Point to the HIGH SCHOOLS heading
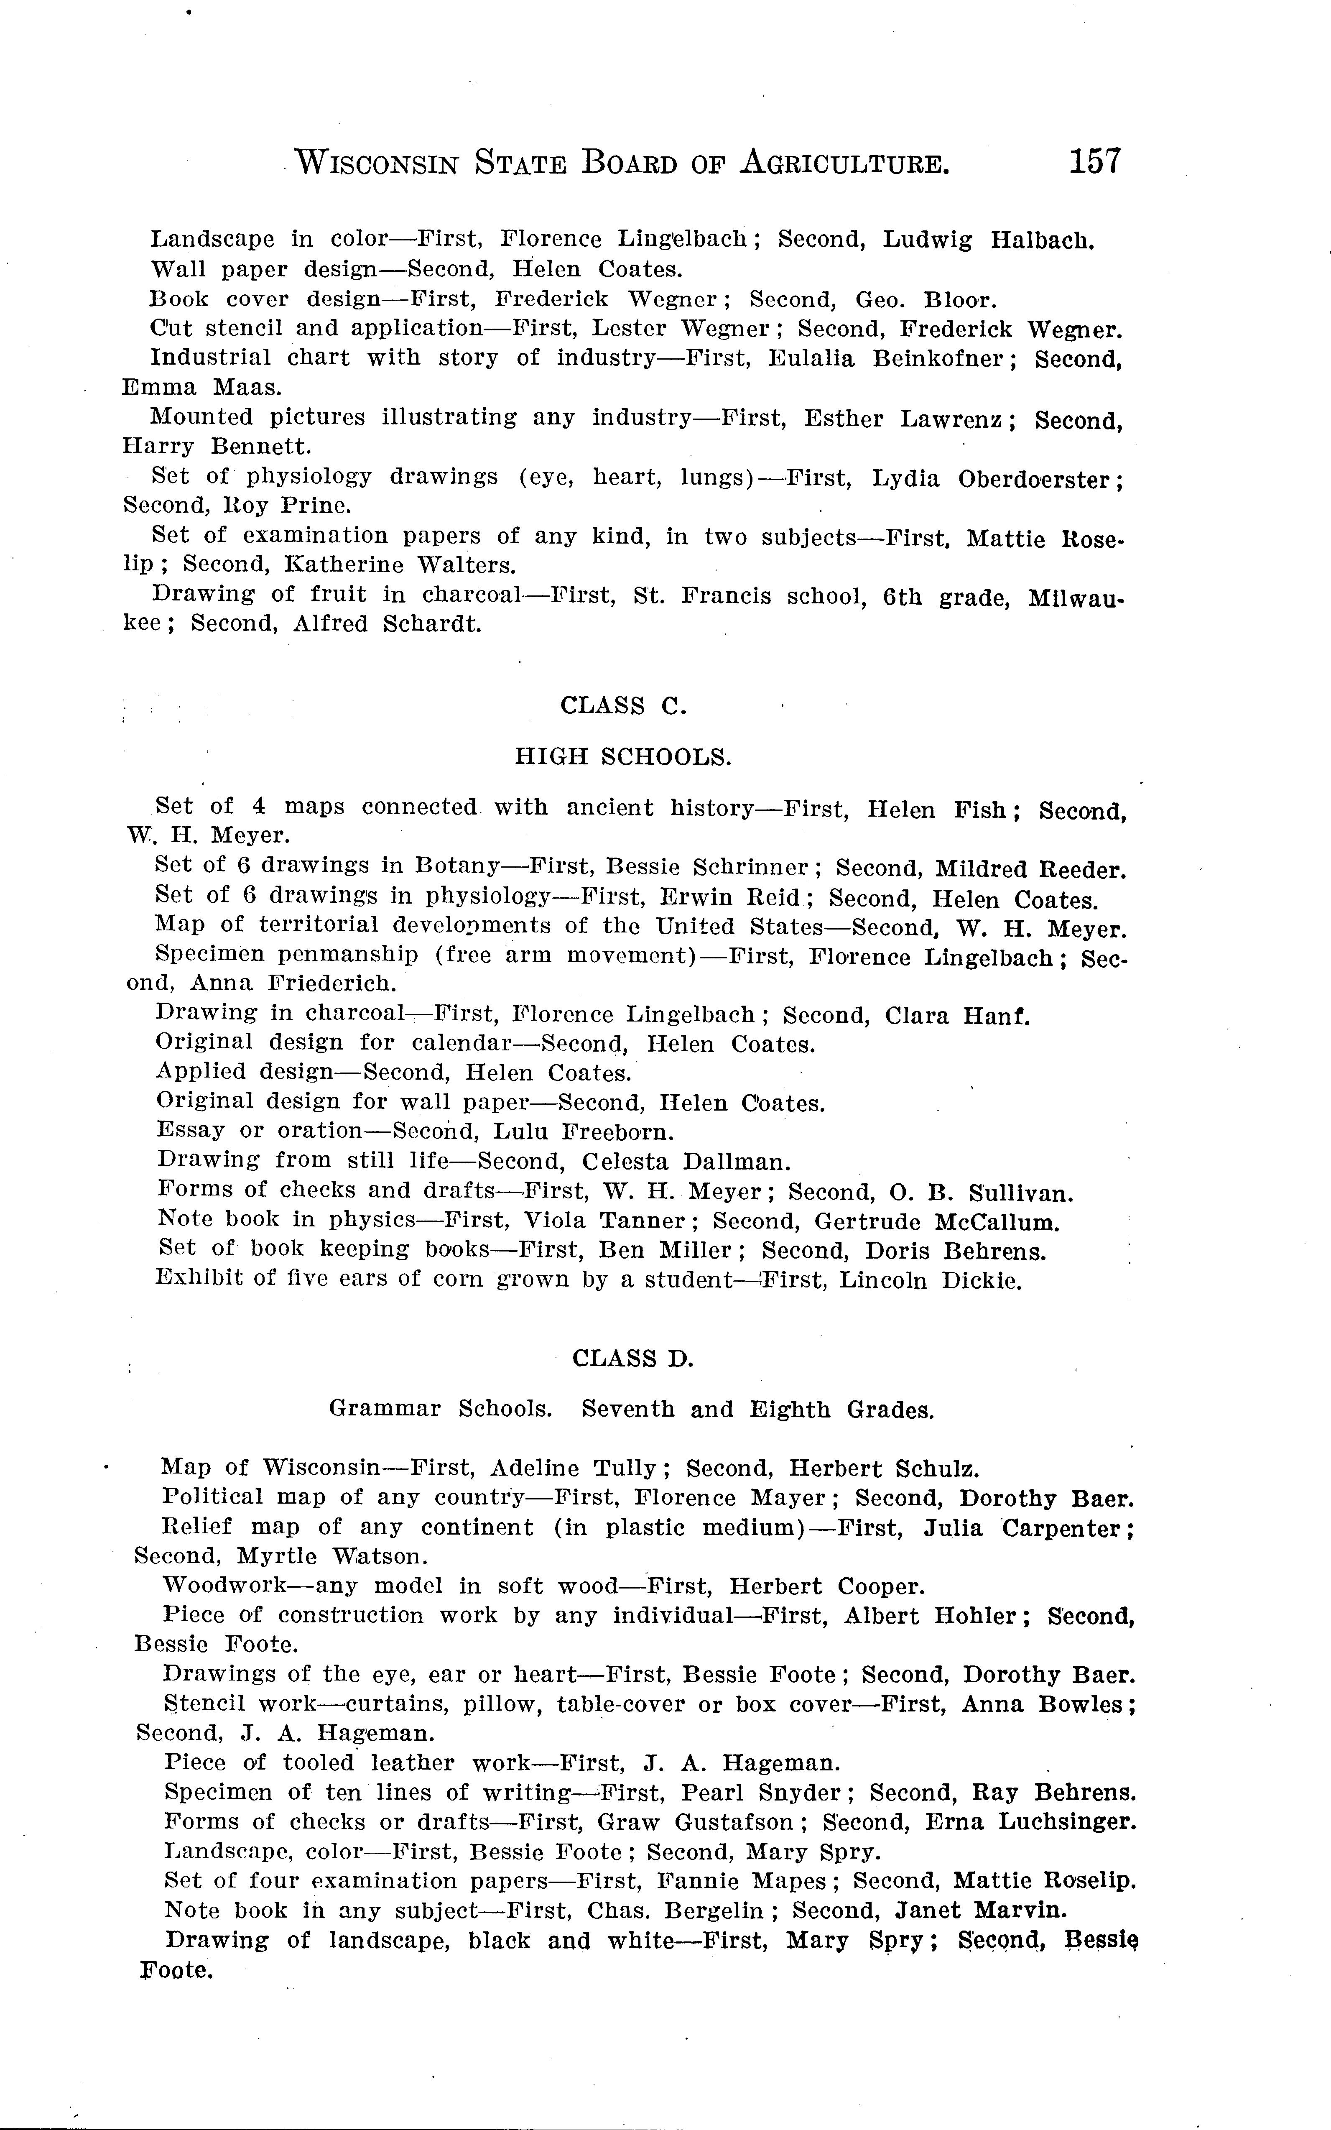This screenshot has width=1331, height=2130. tap(622, 756)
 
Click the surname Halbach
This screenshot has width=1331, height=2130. tap(1042, 240)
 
